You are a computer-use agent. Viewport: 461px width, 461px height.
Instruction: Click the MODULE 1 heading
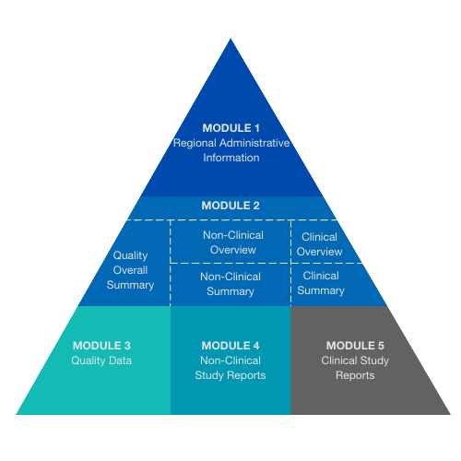[x=230, y=127]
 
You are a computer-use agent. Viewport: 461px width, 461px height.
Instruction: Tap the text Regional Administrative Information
[x=230, y=150]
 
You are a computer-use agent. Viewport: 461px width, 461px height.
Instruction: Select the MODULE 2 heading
[x=230, y=206]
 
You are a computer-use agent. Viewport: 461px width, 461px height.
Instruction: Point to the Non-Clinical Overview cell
[x=230, y=242]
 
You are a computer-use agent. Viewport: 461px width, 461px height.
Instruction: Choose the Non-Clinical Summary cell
[x=230, y=284]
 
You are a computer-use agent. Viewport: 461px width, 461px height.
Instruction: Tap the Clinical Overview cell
[x=321, y=244]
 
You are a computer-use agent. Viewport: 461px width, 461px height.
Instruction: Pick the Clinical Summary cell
[x=321, y=283]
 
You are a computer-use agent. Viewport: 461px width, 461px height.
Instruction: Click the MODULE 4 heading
[x=230, y=346]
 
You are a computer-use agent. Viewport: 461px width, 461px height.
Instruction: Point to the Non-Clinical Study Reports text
[x=230, y=368]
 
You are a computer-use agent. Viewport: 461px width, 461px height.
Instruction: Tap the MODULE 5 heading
[x=355, y=346]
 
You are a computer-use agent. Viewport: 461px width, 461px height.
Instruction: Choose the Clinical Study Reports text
[x=355, y=368]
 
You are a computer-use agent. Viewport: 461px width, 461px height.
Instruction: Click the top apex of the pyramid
[x=230, y=39]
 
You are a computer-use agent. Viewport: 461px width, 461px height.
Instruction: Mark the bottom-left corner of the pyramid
[x=17, y=414]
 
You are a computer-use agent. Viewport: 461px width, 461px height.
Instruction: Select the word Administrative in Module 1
[x=258, y=143]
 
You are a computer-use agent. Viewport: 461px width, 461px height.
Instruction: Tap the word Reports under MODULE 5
[x=355, y=375]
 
